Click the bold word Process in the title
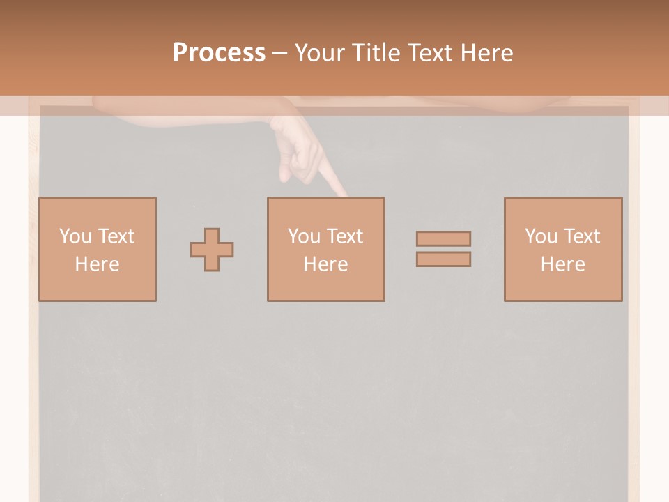(x=219, y=53)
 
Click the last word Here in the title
(x=488, y=53)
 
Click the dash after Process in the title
(x=280, y=53)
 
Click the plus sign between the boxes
(x=212, y=250)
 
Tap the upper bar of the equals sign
(x=443, y=238)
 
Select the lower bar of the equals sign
(x=443, y=259)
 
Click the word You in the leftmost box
(x=75, y=236)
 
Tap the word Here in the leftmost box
(x=97, y=264)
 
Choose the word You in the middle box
(x=304, y=236)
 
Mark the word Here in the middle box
(x=325, y=264)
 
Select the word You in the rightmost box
(x=541, y=236)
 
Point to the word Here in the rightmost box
(x=562, y=264)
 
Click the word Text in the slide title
(x=432, y=53)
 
